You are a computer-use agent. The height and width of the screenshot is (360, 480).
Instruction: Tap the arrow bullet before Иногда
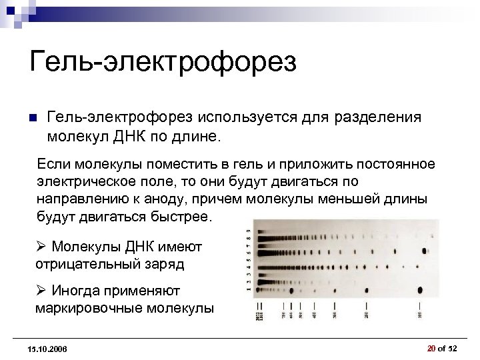tap(41, 291)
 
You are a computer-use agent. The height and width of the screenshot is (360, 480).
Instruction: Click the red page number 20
tap(431, 348)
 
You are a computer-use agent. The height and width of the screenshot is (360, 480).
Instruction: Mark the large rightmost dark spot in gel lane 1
tap(421, 289)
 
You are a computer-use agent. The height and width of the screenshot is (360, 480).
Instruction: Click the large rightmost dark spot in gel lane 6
tap(425, 251)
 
